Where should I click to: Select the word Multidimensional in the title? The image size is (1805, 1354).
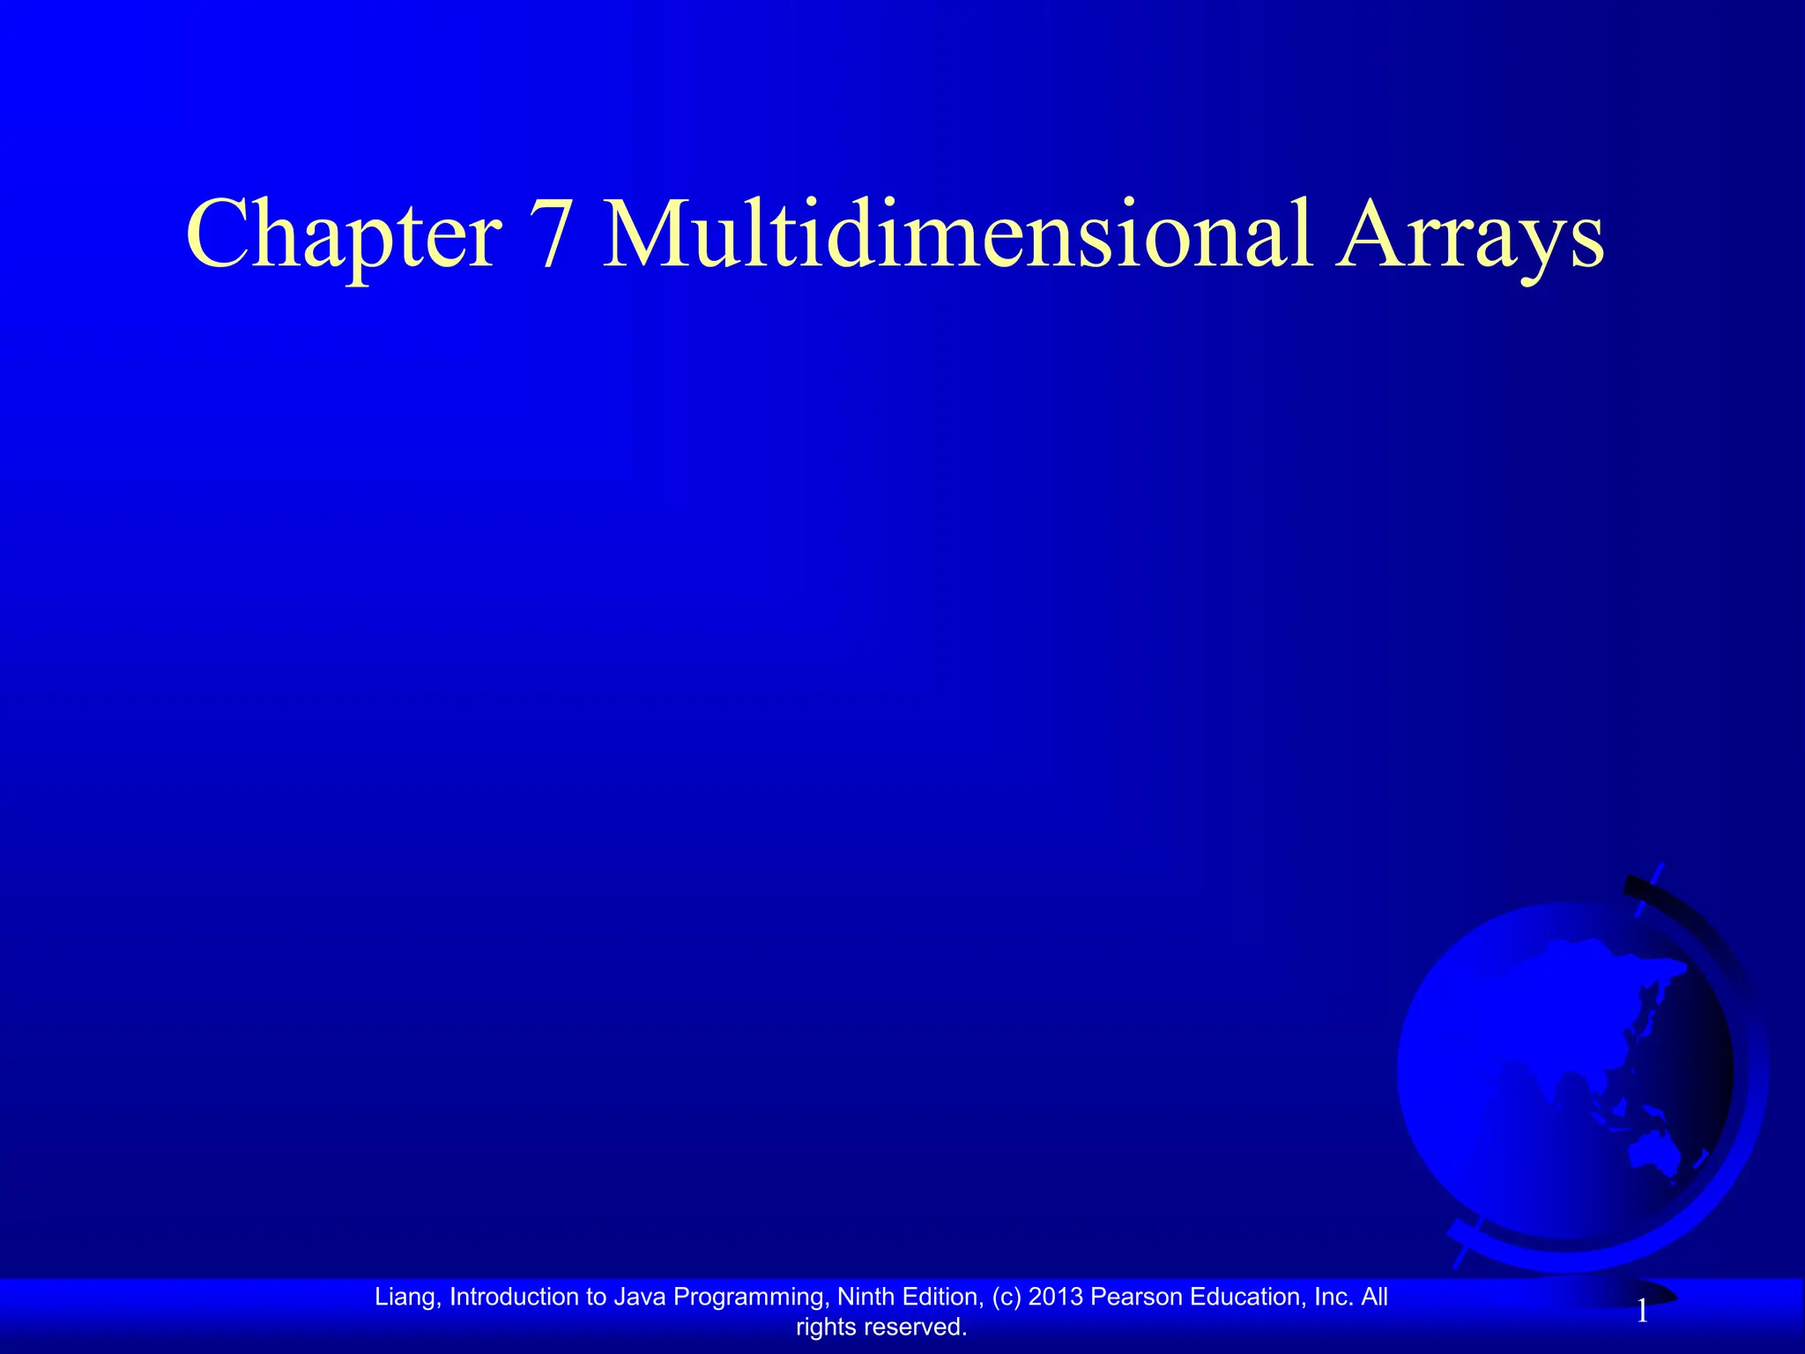coord(957,234)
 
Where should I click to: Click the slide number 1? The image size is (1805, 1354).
coord(1642,1313)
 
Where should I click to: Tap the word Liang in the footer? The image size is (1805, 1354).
coord(405,1297)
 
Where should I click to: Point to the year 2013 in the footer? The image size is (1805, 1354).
coord(1057,1297)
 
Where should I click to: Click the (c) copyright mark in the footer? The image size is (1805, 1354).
coord(1007,1297)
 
